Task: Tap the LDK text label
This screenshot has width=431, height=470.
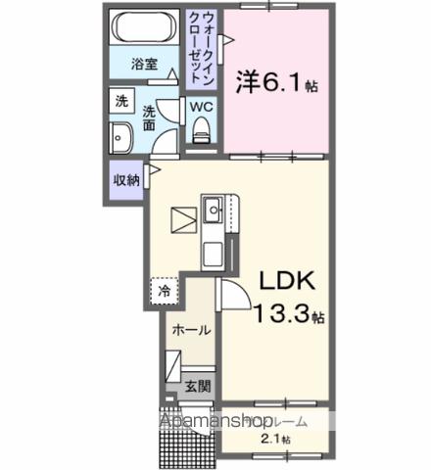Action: [x=285, y=282]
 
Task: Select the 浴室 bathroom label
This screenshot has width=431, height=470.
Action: [x=146, y=66]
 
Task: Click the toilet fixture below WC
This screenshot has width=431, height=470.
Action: [x=202, y=127]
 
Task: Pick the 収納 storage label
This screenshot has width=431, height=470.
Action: [x=125, y=179]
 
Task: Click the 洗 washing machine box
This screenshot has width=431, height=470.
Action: [x=120, y=101]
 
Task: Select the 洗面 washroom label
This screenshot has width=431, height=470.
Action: [x=149, y=117]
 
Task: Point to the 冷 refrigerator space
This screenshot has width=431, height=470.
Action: [x=165, y=290]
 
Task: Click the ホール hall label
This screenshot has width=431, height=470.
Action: [x=190, y=330]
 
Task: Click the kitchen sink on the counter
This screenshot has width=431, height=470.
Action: [x=213, y=208]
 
